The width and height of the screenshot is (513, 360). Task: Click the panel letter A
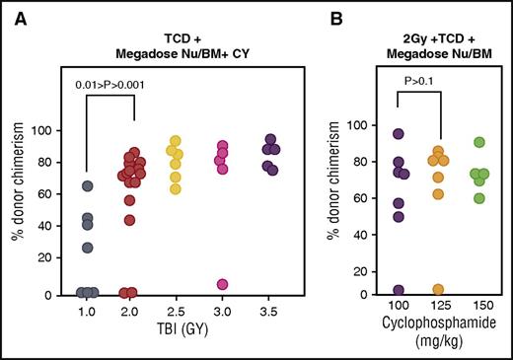17,16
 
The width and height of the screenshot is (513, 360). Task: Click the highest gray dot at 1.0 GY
88,185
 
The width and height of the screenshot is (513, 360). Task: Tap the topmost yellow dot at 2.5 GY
177,141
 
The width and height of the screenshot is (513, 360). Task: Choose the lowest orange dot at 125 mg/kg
437,289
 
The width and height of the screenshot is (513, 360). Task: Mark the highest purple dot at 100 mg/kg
399,134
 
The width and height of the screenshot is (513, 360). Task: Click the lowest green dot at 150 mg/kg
480,198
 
